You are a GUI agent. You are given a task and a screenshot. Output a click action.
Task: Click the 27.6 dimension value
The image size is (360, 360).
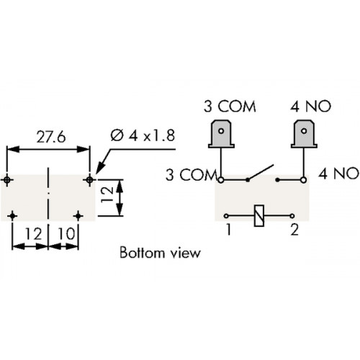[51, 138]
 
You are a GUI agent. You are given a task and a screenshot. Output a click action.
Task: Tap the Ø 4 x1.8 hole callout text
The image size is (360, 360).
[143, 135]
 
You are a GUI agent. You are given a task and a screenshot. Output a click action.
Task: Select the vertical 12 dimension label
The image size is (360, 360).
[107, 194]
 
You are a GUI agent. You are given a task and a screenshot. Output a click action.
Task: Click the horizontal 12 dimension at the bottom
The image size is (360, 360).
[34, 234]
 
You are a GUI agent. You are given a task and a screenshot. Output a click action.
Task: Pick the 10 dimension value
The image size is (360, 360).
[66, 234]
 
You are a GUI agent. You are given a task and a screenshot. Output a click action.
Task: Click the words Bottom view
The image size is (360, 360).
[160, 253]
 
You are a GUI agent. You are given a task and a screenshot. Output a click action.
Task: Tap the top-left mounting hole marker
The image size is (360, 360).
[7, 179]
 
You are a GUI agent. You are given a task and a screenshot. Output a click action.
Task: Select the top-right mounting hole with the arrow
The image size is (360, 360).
[89, 179]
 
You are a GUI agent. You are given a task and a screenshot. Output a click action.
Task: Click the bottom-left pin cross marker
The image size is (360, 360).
[12, 216]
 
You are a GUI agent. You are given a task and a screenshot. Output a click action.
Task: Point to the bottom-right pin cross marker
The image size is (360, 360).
[78, 216]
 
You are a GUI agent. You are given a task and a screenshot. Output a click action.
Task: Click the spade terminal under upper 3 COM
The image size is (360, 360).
[221, 135]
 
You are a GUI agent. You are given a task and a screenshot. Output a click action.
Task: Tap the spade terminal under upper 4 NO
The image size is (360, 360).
[304, 135]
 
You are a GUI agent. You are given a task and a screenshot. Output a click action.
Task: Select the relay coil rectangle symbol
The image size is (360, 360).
[259, 215]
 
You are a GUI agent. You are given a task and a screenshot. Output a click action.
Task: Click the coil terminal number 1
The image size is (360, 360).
[229, 229]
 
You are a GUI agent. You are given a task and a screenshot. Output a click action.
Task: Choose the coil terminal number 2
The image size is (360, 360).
[294, 230]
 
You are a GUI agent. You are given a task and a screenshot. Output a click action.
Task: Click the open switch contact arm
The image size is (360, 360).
[261, 172]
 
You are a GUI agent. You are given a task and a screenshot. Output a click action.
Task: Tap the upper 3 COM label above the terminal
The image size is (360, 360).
[230, 107]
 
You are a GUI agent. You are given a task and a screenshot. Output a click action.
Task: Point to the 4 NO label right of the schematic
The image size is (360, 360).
[338, 174]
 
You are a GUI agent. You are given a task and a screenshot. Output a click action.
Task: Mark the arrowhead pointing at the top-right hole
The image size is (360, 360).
[101, 167]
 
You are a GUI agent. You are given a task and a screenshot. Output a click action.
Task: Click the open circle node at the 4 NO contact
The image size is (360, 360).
[304, 180]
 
